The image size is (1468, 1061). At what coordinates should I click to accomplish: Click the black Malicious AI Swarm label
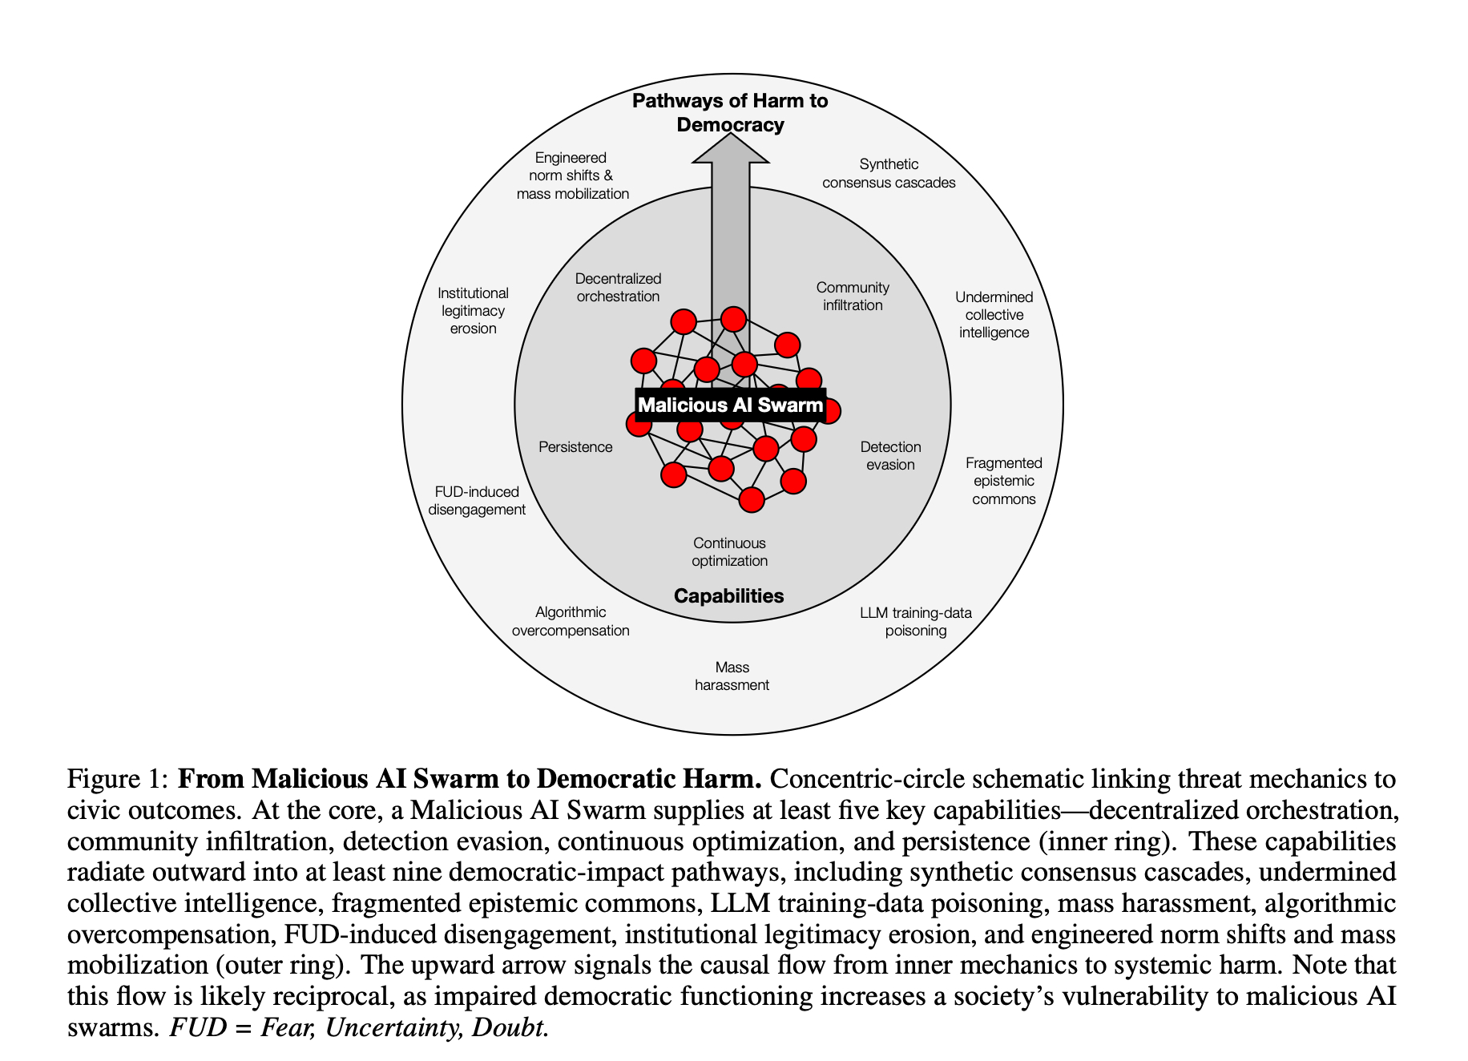730,405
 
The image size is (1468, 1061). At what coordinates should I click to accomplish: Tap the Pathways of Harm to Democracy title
730,113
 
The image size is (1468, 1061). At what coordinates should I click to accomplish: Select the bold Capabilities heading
728,595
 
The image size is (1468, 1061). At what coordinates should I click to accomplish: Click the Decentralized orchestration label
618,288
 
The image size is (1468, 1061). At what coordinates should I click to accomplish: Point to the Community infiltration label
853,297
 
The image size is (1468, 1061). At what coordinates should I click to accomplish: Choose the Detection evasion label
890,456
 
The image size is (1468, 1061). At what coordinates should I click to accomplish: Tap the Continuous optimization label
729,552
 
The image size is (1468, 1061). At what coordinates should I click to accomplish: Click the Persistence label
575,447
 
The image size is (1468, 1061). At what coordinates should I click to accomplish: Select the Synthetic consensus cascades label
889,173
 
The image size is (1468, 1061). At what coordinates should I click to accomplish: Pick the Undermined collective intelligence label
994,315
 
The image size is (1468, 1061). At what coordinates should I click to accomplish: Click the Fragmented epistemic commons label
1003,481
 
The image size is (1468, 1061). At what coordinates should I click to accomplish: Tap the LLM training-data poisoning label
915,622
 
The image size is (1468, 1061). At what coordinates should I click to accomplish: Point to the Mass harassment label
732,676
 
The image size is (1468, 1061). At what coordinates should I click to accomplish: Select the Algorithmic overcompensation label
571,621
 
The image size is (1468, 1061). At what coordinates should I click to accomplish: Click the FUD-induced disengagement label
477,501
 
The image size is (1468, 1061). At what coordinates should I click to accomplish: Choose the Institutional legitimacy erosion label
473,311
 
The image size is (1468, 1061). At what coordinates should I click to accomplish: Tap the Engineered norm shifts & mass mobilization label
572,175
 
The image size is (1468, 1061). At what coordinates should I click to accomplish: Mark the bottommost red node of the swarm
752,499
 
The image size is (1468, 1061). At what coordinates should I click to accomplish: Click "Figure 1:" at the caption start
117,779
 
